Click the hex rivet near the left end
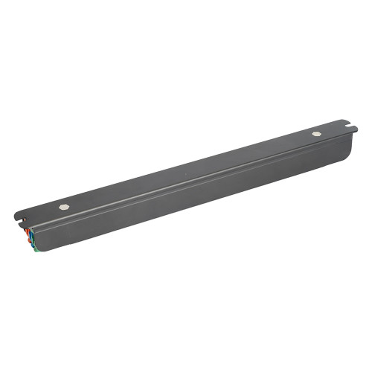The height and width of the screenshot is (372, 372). click(x=64, y=207)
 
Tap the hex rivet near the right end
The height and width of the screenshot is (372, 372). click(x=317, y=134)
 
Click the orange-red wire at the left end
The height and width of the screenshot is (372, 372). click(x=28, y=232)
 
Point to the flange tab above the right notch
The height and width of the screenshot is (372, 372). click(x=344, y=121)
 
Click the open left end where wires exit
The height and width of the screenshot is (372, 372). click(x=31, y=237)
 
